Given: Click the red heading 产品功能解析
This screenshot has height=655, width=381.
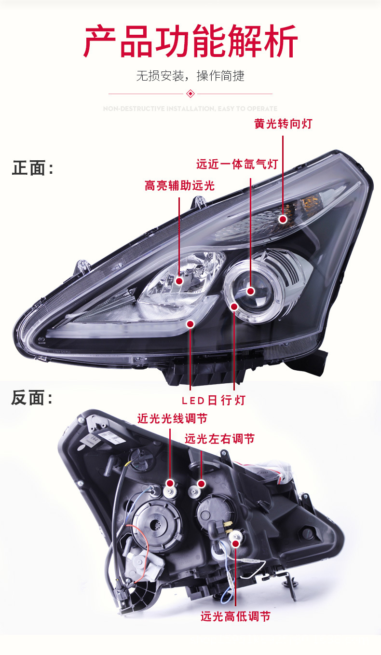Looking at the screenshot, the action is [190, 42].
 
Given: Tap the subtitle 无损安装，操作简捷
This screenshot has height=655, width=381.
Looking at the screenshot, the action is [190, 76].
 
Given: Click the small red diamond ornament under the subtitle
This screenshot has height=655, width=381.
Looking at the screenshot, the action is [190, 94].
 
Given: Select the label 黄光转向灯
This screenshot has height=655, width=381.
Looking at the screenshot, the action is [283, 124].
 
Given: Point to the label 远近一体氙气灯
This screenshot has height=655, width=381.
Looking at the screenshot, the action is [237, 164].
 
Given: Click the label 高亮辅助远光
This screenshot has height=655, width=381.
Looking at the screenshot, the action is [179, 186].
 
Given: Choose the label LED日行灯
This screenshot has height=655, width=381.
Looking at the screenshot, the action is [214, 400].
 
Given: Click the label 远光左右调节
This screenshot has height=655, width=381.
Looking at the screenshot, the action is [219, 439].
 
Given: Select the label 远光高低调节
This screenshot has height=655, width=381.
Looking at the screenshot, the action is [236, 616].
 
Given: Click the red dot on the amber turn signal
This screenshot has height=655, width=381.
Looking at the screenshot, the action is [283, 220].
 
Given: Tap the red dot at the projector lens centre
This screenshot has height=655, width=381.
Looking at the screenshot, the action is [250, 291].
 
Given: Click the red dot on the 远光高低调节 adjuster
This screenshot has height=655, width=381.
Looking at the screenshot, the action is [236, 544].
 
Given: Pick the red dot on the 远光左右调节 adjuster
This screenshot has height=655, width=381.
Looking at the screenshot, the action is [201, 483].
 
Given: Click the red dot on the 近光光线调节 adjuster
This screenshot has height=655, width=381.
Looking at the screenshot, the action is [170, 483].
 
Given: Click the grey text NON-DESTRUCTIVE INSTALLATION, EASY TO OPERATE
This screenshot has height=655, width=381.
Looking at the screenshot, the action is [190, 109].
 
